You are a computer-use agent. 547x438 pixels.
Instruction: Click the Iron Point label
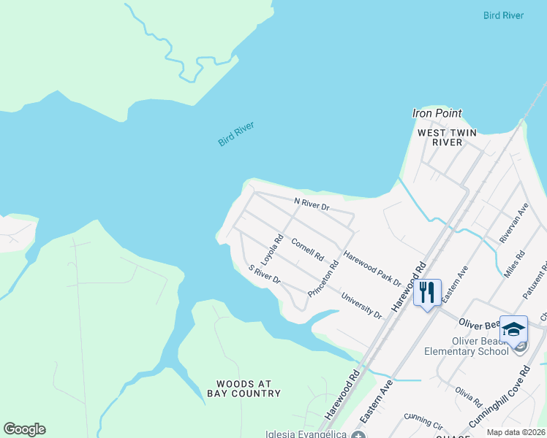(437, 113)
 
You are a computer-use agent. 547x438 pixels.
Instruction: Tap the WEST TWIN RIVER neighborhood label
(440, 137)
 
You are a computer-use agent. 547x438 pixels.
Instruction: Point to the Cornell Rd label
(307, 250)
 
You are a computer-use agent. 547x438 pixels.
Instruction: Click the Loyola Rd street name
(273, 248)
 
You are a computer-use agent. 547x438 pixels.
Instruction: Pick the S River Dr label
(264, 274)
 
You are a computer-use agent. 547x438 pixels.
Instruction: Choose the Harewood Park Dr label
(372, 269)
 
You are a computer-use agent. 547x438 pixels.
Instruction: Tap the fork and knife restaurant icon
(427, 293)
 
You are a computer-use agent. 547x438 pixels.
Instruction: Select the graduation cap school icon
(513, 328)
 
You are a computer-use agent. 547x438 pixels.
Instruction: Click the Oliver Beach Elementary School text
(467, 346)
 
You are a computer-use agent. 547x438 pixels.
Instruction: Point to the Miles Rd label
(515, 264)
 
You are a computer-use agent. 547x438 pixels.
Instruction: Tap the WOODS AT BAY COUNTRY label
(249, 388)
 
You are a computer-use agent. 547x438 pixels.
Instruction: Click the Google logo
(24, 429)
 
